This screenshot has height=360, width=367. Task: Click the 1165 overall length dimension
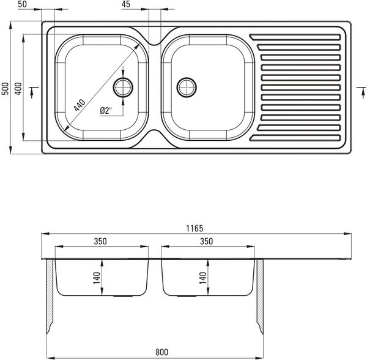point(195,228)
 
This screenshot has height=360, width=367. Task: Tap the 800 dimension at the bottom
point(161,352)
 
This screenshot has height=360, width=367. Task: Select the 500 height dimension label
point(5,89)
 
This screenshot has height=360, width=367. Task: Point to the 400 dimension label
point(18,89)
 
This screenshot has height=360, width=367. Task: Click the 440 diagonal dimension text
point(80,105)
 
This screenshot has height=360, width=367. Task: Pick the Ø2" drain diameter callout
point(106,110)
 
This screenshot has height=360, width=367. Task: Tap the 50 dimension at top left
point(22,4)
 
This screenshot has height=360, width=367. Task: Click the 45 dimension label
point(126,4)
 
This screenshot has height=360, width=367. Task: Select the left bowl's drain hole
point(123,88)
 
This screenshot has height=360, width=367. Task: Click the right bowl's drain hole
point(187,88)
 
